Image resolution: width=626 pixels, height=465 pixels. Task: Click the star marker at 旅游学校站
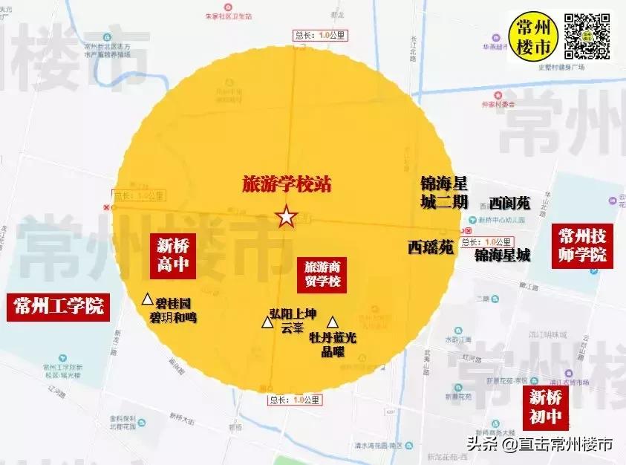(286, 217)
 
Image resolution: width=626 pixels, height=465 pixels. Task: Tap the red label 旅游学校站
(287, 184)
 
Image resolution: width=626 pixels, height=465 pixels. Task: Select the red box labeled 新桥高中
(174, 256)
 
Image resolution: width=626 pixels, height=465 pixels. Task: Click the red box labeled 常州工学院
(58, 306)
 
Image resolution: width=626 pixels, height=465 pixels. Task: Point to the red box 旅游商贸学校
(322, 273)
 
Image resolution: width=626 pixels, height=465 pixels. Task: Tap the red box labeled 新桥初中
(544, 406)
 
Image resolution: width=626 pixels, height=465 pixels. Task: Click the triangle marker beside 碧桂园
(148, 299)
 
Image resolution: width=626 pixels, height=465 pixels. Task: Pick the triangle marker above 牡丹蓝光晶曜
(333, 322)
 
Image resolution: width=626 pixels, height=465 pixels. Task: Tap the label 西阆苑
(510, 202)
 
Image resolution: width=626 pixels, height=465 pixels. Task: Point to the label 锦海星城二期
(444, 189)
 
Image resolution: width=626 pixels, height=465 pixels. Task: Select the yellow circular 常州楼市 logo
(533, 36)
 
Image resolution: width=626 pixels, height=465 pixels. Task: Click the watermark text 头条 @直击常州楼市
(540, 444)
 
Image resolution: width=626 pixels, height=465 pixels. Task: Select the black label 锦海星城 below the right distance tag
(503, 256)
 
